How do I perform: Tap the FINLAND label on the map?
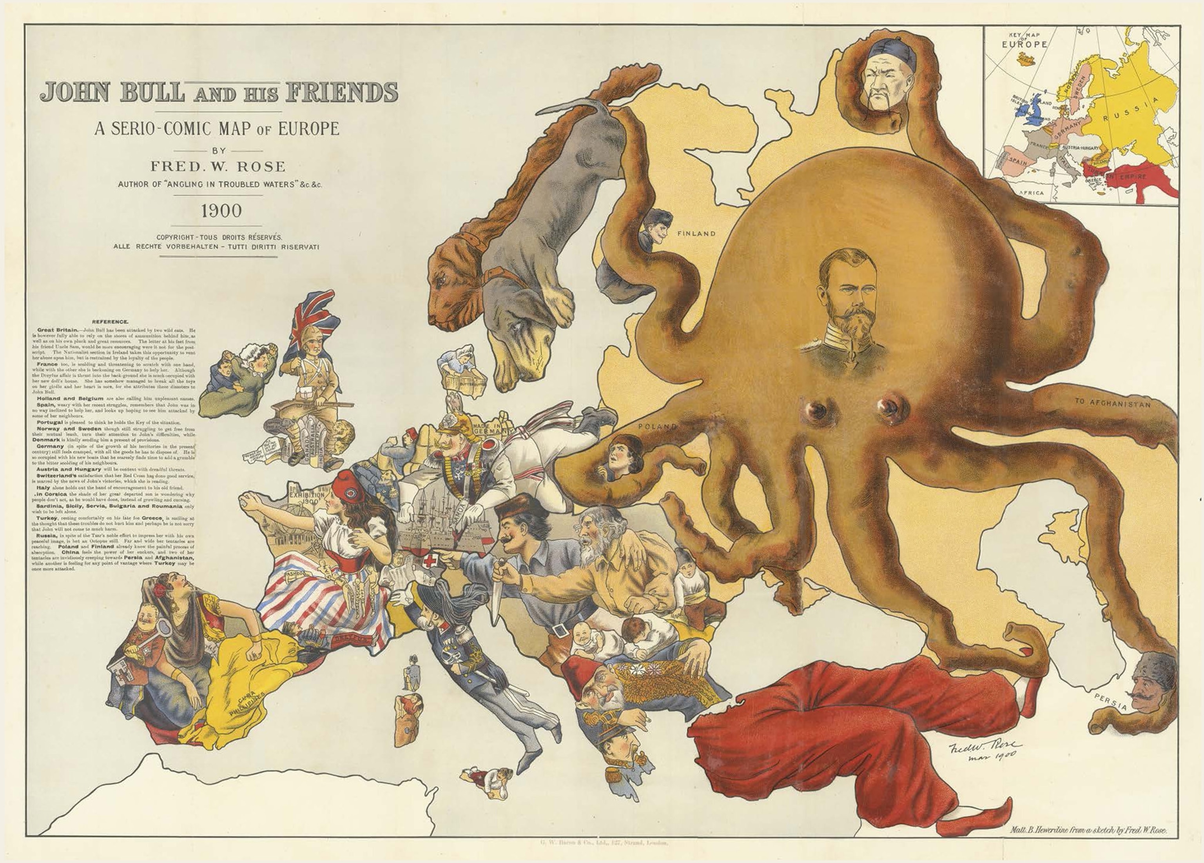pos(696,233)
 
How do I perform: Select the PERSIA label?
pos(1110,703)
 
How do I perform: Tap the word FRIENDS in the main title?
pos(342,93)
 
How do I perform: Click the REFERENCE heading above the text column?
pos(110,321)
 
